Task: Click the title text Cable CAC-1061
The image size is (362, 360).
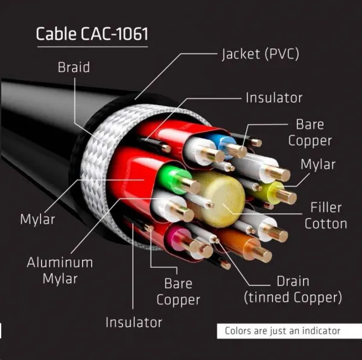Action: click(x=92, y=34)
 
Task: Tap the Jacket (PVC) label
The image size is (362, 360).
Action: click(x=261, y=54)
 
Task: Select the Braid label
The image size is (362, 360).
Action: click(x=74, y=67)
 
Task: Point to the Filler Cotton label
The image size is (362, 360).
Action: click(x=326, y=215)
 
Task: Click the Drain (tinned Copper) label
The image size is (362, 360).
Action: click(x=293, y=289)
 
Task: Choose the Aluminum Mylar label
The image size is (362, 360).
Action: click(x=60, y=271)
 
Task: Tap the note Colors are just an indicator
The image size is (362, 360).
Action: click(x=282, y=330)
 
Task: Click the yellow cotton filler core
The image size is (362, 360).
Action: click(x=220, y=199)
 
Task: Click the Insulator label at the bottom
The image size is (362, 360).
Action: click(x=134, y=322)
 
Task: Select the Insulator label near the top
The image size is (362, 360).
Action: click(x=274, y=98)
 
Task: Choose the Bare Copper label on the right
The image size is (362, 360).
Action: click(x=310, y=133)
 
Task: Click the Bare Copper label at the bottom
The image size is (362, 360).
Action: click(x=178, y=292)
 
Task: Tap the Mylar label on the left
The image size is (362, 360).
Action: click(x=37, y=219)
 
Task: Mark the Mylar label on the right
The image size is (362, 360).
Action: click(x=318, y=165)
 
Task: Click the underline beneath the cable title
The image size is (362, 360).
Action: click(x=92, y=47)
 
